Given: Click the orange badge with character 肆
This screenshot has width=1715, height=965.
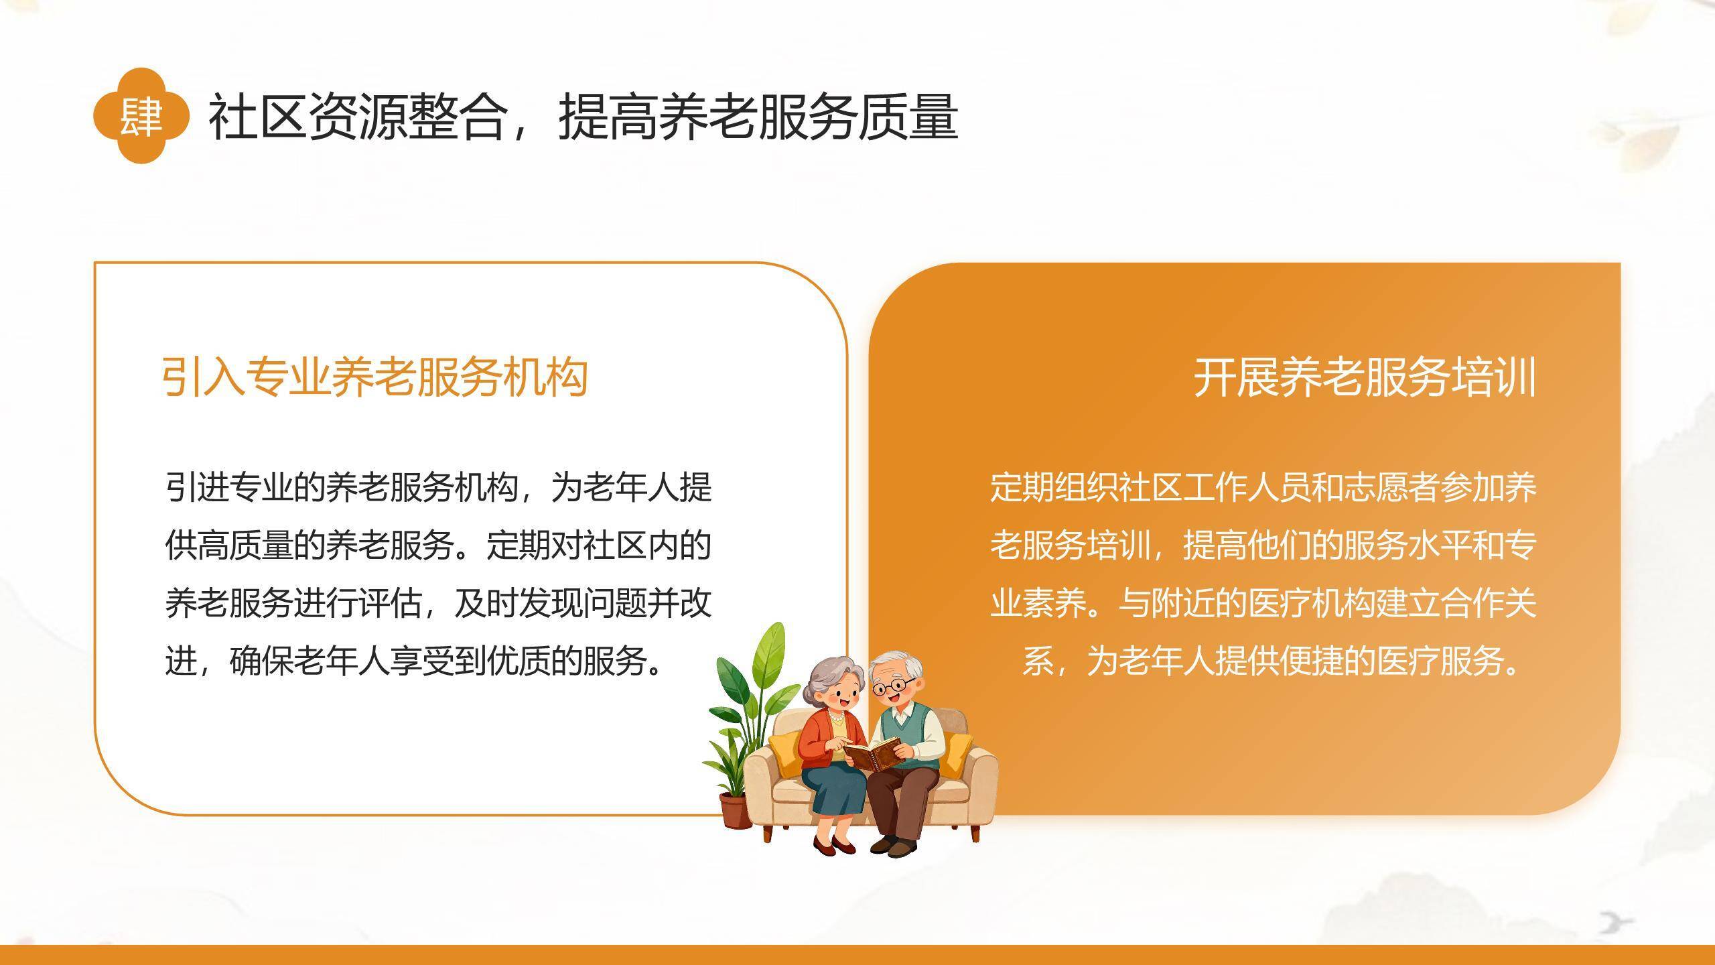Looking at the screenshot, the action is click(141, 116).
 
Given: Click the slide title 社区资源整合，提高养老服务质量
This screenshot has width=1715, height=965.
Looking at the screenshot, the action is click(583, 117).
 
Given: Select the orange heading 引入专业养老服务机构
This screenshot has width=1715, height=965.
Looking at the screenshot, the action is click(375, 377).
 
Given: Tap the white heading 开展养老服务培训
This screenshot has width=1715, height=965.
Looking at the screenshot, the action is click(1365, 378).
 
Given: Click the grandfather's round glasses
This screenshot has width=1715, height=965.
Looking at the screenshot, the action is click(894, 686).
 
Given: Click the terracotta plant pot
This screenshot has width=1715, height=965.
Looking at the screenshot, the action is click(735, 810).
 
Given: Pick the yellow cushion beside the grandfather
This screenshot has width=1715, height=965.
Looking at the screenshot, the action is click(954, 752).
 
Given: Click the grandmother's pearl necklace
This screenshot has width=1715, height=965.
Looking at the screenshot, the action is click(837, 717).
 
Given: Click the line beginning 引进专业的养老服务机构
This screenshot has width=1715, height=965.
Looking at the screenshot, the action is click(438, 488).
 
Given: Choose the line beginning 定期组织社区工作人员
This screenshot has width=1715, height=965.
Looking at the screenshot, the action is click(1263, 488).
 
